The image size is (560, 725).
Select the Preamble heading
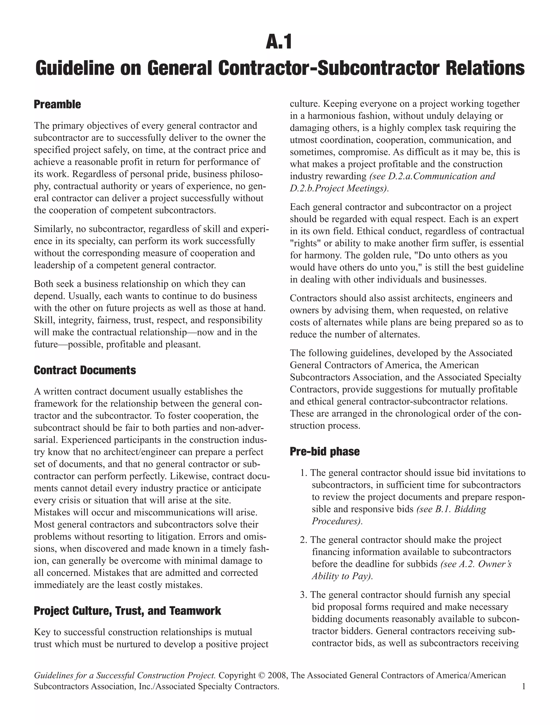coord(57,104)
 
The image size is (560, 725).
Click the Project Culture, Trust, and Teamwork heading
coord(127,611)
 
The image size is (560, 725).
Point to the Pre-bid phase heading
coord(325,451)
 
